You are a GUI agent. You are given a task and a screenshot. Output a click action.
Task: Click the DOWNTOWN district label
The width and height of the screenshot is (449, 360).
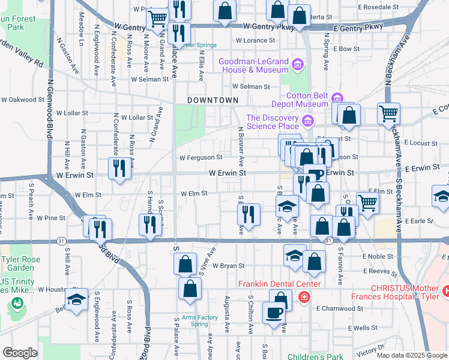click(x=209, y=100)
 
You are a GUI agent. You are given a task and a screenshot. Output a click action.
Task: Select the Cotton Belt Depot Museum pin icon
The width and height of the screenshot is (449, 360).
click(x=337, y=98)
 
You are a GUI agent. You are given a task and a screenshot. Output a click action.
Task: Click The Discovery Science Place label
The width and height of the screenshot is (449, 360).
click(x=272, y=122)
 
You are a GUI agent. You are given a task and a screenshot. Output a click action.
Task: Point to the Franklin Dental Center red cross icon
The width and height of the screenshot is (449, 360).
click(x=304, y=296)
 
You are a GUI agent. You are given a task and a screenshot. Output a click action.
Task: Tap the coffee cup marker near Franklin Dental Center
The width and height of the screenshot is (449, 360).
click(x=274, y=313)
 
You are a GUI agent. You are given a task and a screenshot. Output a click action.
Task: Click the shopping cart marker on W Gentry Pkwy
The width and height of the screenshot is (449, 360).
click(x=158, y=18)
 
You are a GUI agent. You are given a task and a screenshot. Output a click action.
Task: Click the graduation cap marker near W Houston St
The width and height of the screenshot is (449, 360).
click(x=76, y=299)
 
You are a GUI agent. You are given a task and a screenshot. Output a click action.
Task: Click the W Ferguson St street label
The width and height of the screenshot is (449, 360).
click(x=200, y=158)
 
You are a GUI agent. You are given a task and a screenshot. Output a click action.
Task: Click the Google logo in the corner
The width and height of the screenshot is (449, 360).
click(x=20, y=353)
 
